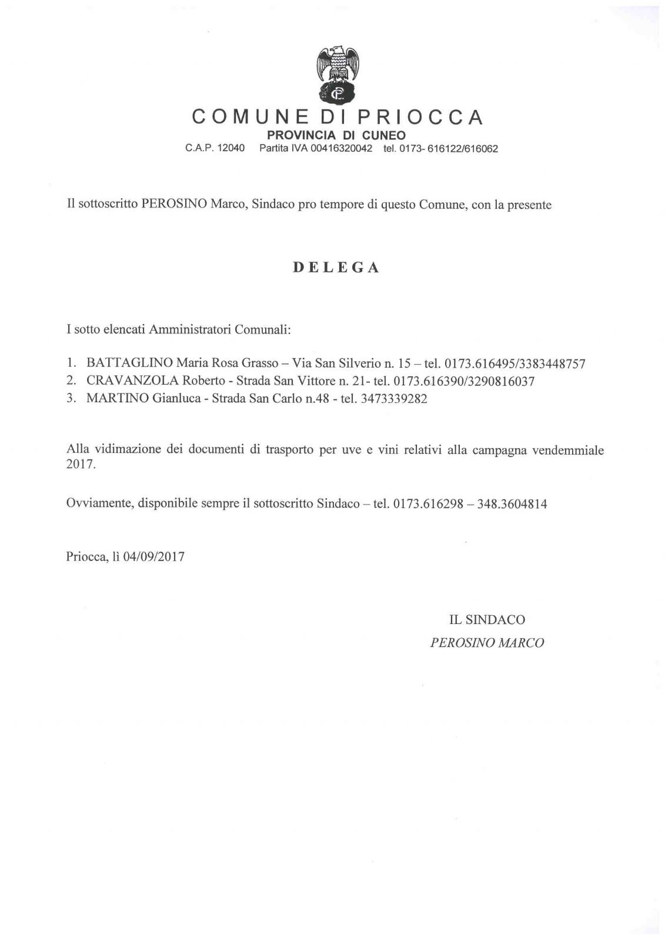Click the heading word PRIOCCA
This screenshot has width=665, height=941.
point(420,117)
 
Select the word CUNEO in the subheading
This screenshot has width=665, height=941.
point(384,135)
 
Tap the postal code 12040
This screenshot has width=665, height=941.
point(231,149)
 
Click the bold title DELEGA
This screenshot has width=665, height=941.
point(336,268)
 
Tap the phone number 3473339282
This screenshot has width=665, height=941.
point(392,398)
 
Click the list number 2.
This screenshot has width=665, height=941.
point(71,381)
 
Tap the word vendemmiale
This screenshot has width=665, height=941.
point(568,451)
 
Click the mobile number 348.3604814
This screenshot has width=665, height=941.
point(512,503)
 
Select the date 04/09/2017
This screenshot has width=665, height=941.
point(154,556)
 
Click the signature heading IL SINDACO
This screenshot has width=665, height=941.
point(487,619)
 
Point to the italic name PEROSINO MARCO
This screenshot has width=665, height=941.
point(487,643)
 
